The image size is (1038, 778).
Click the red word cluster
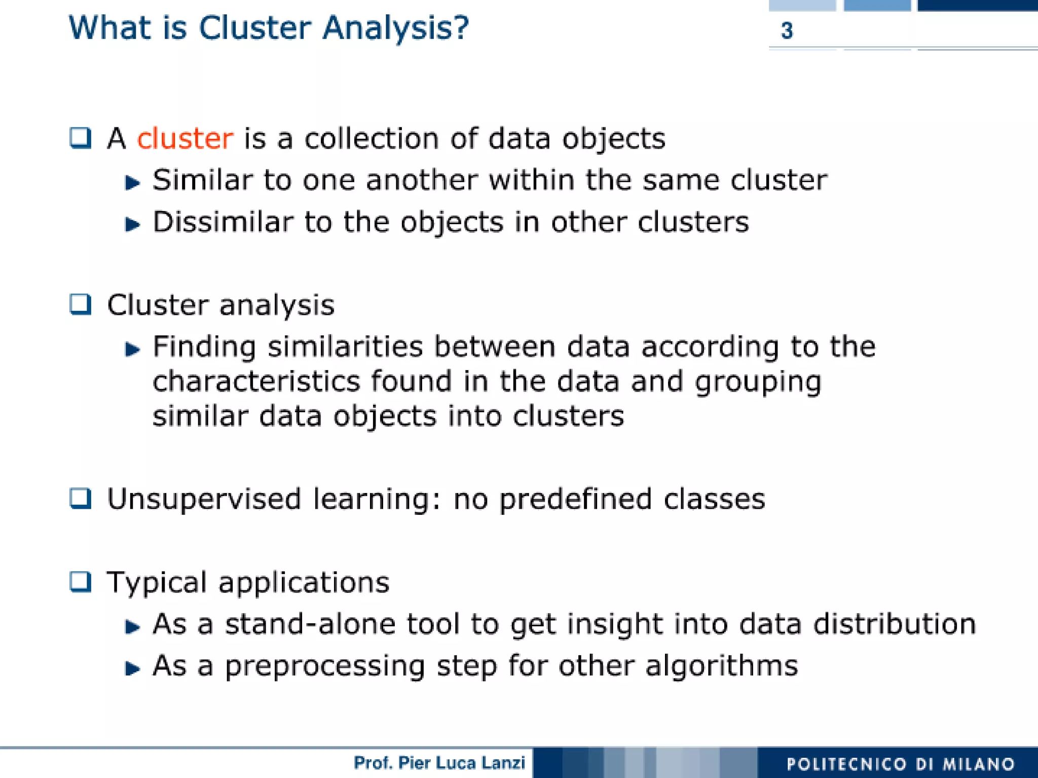pos(185,138)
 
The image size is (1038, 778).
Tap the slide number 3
pos(787,31)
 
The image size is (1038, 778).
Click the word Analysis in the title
pos(396,28)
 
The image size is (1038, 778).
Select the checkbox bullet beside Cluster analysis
pos(81,305)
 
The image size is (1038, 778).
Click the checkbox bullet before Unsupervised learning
pos(81,499)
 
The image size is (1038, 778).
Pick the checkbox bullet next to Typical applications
pos(81,582)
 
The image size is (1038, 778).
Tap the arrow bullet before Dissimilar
pos(132,224)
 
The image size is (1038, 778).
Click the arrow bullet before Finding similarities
pos(132,349)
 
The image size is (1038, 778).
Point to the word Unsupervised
pos(204,499)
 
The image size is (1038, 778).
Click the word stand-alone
pos(310,624)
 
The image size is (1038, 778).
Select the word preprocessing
pos(324,666)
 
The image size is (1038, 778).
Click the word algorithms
pos(722,665)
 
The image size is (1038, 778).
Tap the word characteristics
pos(256,381)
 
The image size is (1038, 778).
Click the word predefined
pos(575,499)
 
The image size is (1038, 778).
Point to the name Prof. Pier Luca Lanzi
pos(439,763)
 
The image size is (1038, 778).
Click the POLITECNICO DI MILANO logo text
pos(900,764)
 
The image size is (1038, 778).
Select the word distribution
pos(895,624)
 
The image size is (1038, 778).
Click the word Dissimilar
pos(223,222)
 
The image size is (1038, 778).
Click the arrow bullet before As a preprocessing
pos(132,668)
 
